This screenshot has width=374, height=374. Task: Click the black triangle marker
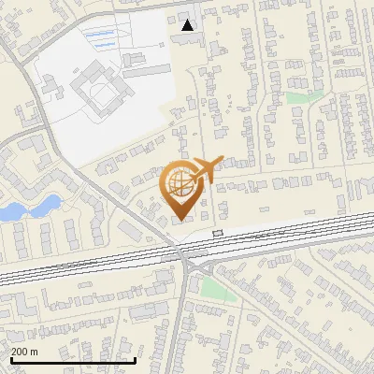(189, 25)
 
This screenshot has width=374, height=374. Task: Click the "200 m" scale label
(25, 351)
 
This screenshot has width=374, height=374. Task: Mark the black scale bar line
(73, 360)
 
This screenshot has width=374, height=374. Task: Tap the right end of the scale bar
(137, 360)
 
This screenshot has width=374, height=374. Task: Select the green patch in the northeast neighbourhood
(299, 97)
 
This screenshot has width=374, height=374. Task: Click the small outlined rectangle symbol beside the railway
(218, 232)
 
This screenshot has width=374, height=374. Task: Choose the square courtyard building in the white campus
(99, 93)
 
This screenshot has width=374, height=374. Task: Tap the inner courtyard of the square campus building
(100, 93)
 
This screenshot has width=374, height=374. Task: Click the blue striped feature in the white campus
(102, 36)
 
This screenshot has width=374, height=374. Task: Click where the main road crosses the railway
(179, 252)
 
